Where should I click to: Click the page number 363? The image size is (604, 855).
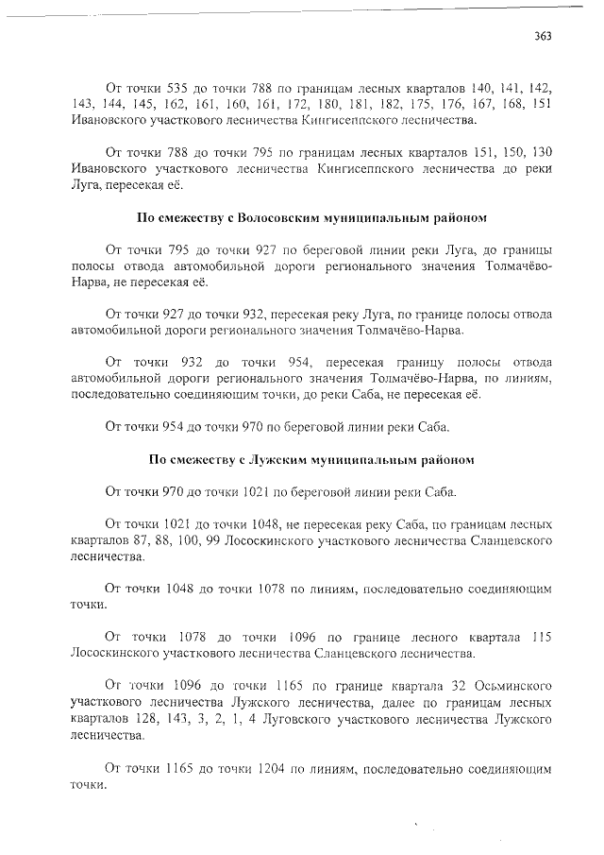(542, 36)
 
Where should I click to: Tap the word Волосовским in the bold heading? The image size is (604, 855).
(277, 217)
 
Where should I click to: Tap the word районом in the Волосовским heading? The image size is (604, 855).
(459, 217)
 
